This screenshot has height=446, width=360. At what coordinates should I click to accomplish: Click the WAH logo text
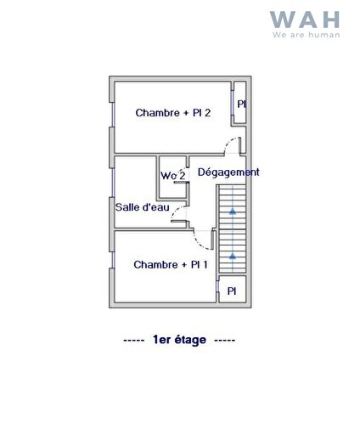coord(305,20)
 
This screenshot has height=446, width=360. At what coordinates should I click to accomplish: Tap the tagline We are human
coord(306,35)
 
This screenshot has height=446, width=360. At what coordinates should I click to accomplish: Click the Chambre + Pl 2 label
coord(173,113)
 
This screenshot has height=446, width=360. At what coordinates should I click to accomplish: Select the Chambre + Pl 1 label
coord(171,265)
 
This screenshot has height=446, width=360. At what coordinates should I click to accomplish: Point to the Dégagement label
coord(228,172)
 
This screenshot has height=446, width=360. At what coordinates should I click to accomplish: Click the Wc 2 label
coord(173,176)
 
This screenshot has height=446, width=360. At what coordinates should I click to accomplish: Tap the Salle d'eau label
coord(143,206)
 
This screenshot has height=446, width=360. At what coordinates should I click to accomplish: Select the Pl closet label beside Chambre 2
coord(241,104)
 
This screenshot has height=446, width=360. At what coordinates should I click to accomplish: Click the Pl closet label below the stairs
coord(231,291)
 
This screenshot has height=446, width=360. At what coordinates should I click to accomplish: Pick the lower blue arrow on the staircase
coord(233,256)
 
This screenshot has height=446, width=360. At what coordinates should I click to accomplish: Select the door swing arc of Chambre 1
coord(204,242)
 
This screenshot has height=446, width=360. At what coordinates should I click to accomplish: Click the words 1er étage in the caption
coord(179,340)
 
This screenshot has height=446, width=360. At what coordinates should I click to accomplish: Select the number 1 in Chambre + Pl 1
coord(205,265)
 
